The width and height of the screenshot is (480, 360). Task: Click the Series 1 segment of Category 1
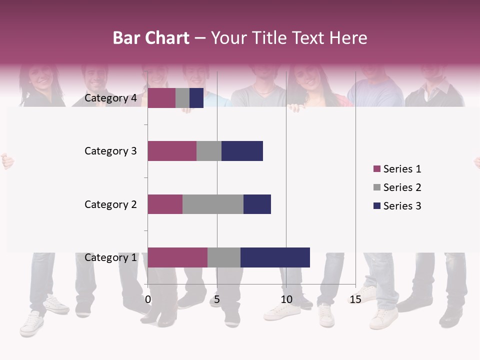pyautogui.click(x=177, y=257)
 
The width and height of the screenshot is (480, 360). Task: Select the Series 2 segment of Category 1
pyautogui.click(x=224, y=257)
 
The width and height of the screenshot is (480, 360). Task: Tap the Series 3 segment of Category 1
pyautogui.click(x=275, y=257)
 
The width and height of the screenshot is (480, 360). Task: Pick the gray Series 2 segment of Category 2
pyautogui.click(x=213, y=204)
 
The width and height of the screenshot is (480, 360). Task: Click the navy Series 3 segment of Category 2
pyautogui.click(x=257, y=204)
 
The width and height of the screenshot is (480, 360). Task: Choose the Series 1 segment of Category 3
pyautogui.click(x=172, y=151)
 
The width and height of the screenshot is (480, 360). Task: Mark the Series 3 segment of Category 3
pyautogui.click(x=242, y=151)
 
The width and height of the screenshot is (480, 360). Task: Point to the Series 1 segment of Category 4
pyautogui.click(x=161, y=98)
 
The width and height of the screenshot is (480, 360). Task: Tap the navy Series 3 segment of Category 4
pyautogui.click(x=196, y=98)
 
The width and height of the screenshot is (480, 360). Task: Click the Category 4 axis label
pyautogui.click(x=110, y=98)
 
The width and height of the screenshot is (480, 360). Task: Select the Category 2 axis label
pyautogui.click(x=110, y=204)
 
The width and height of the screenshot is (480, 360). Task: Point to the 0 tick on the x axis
pyautogui.click(x=148, y=299)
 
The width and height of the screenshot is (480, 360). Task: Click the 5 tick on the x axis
pyautogui.click(x=217, y=299)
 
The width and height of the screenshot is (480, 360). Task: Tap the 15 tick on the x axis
pyautogui.click(x=355, y=299)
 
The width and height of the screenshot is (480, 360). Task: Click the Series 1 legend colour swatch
pyautogui.click(x=376, y=169)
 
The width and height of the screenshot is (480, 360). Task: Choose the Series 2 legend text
pyautogui.click(x=402, y=187)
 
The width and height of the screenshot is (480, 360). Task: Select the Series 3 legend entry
pyautogui.click(x=397, y=206)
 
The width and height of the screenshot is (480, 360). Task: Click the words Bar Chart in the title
pyautogui.click(x=151, y=37)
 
